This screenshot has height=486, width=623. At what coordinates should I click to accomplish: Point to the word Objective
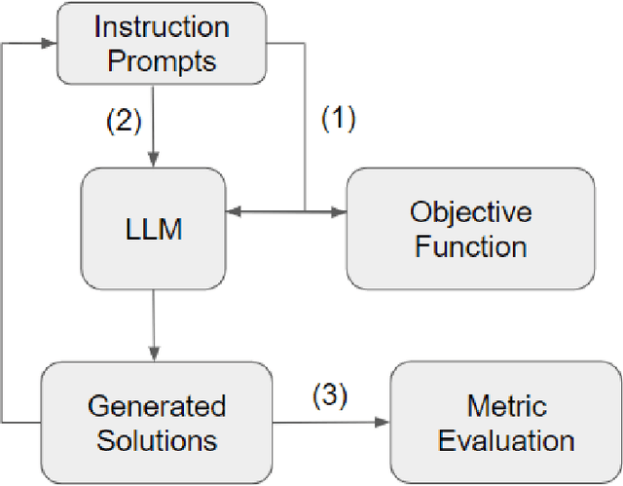point(470,212)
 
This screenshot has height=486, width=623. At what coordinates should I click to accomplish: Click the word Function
point(470,245)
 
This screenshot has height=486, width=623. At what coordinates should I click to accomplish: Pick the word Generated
point(156,406)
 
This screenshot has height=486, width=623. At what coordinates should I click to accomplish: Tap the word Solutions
point(156,439)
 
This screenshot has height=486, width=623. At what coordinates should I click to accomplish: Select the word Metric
point(506,406)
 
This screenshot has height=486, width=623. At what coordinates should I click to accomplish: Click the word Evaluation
point(506,439)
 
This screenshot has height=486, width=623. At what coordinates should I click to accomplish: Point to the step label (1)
point(339,120)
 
